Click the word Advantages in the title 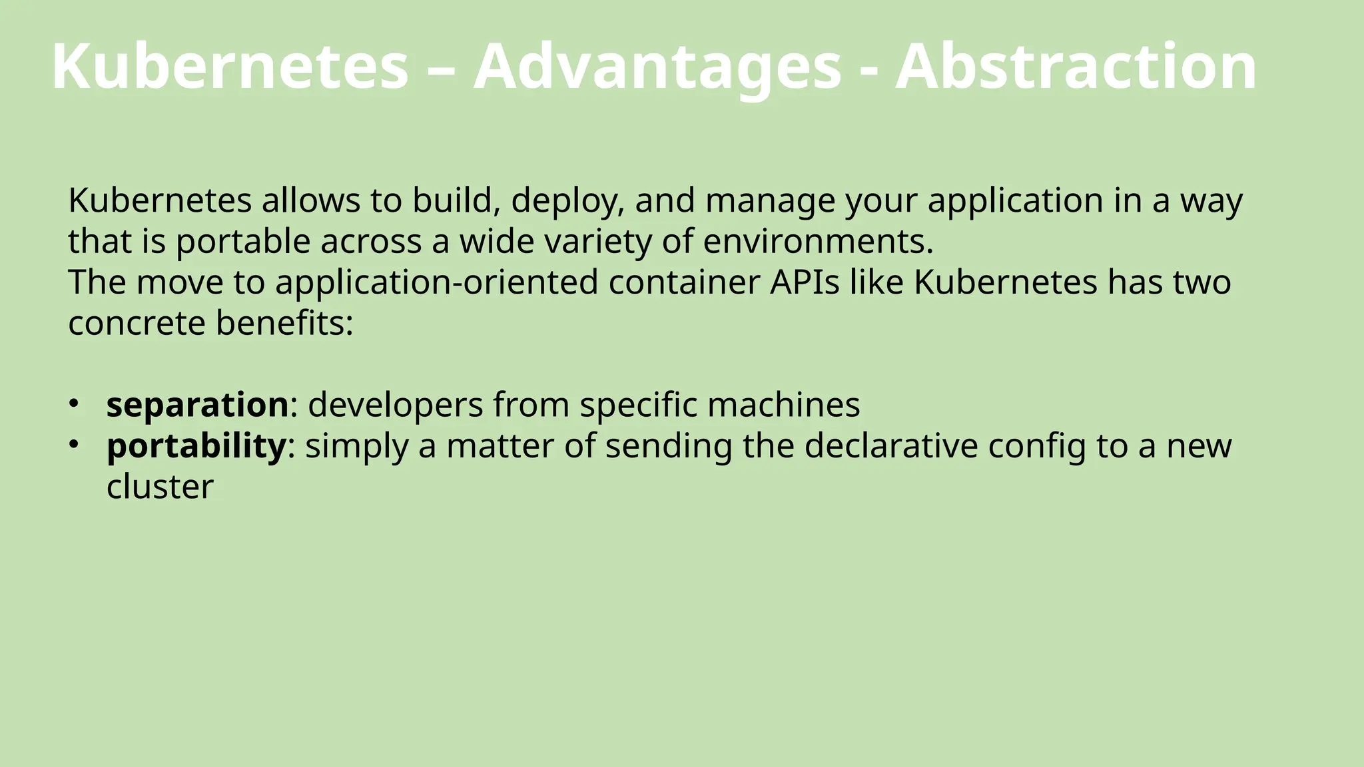click(657, 67)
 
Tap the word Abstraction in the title click(1076, 67)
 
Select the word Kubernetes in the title click(230, 67)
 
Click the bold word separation click(197, 405)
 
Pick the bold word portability click(196, 446)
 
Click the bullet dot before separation click(75, 403)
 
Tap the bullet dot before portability click(75, 443)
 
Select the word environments click(818, 242)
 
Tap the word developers click(396, 405)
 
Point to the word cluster click(160, 487)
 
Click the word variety click(598, 242)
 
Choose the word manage click(770, 201)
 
